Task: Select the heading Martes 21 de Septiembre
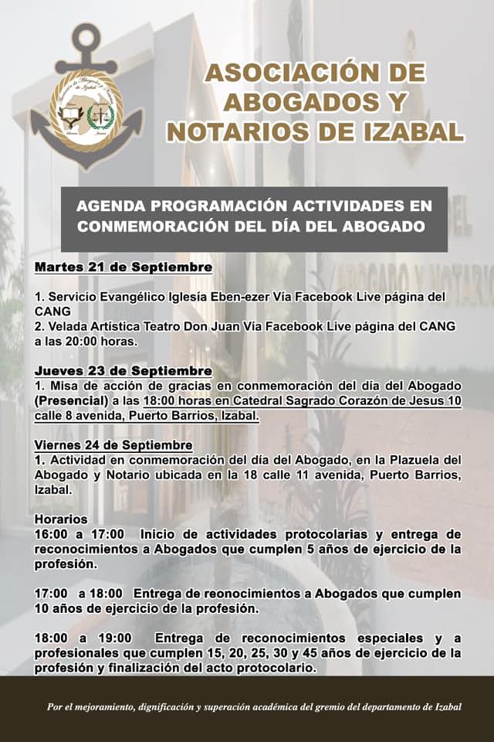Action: click(123, 267)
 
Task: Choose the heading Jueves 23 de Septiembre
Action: click(123, 371)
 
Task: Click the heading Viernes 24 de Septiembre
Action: click(113, 445)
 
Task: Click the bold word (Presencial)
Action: click(70, 400)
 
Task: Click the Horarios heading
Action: click(61, 519)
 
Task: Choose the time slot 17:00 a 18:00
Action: click(78, 594)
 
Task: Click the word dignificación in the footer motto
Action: click(182, 706)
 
